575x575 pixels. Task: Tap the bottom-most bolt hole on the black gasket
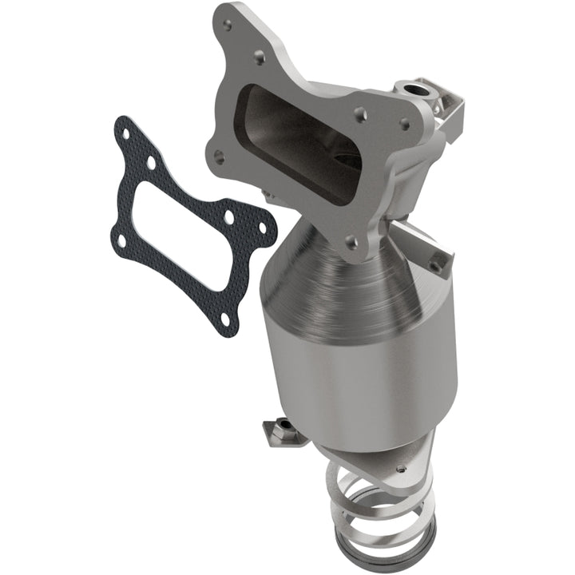pos(226,319)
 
